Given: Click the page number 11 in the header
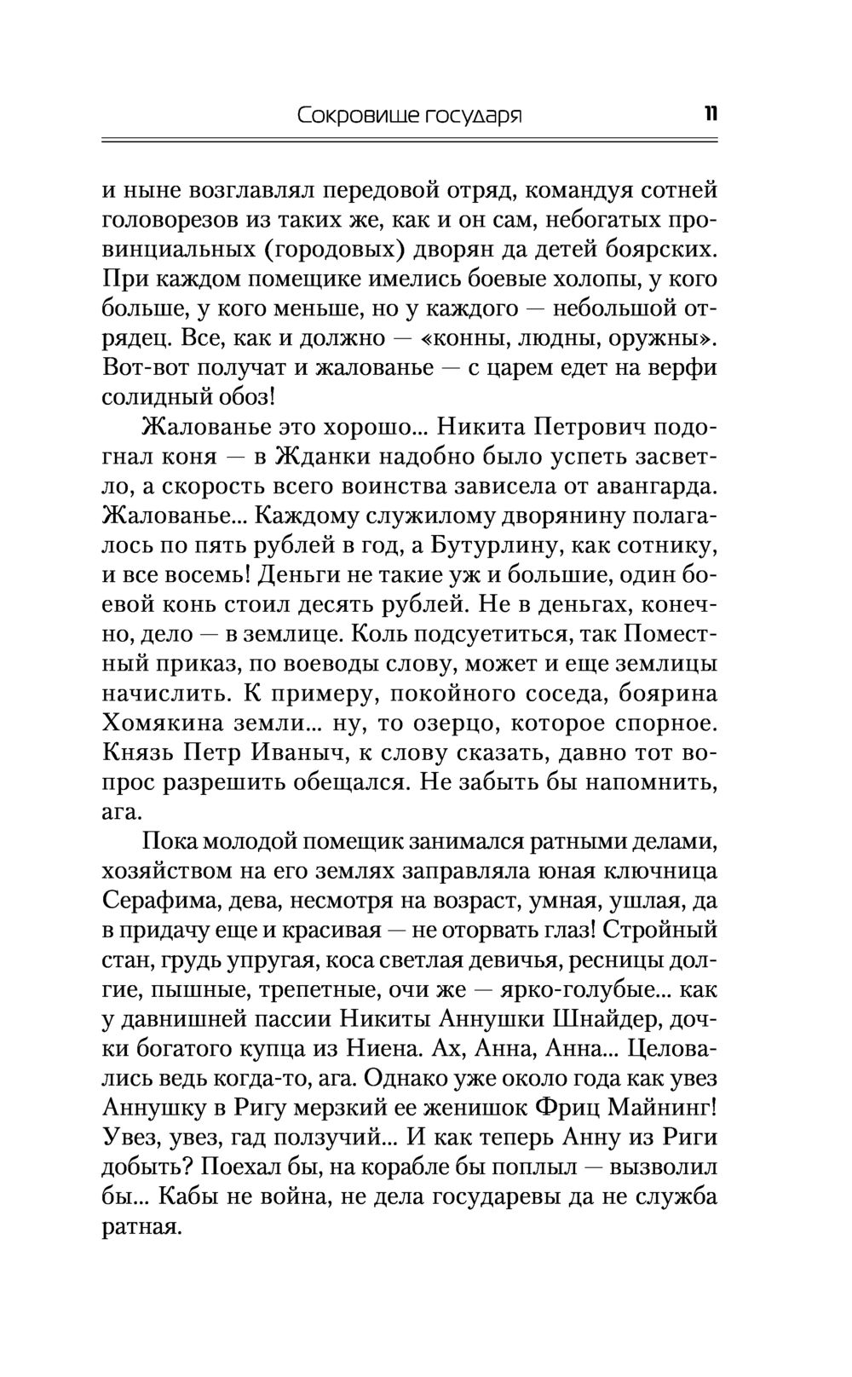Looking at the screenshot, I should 710,113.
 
